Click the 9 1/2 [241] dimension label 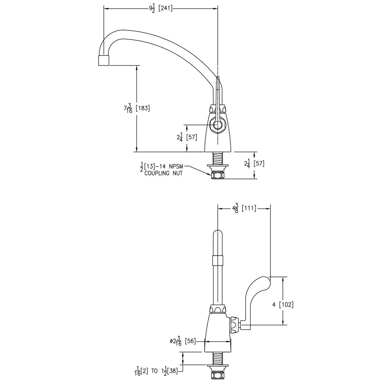pyautogui.click(x=161, y=9)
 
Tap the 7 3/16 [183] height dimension pyautogui.click(x=137, y=108)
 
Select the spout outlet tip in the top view pyautogui.click(x=103, y=60)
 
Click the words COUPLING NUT pyautogui.click(x=163, y=173)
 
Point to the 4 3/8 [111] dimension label pyautogui.click(x=244, y=208)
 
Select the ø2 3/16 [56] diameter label pyautogui.click(x=183, y=341)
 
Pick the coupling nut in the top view pyautogui.click(x=218, y=176)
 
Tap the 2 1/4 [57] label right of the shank pyautogui.click(x=254, y=163)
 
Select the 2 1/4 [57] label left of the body pyautogui.click(x=187, y=137)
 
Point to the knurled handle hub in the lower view pyautogui.click(x=234, y=326)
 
